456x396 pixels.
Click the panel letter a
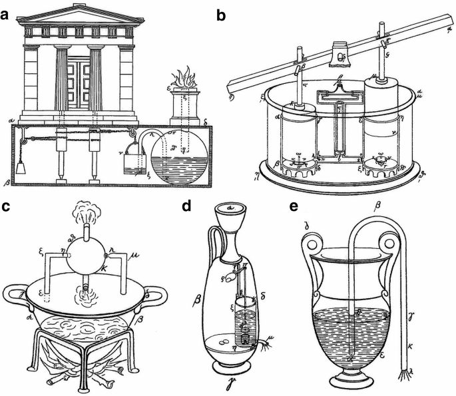[x=7, y=11]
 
